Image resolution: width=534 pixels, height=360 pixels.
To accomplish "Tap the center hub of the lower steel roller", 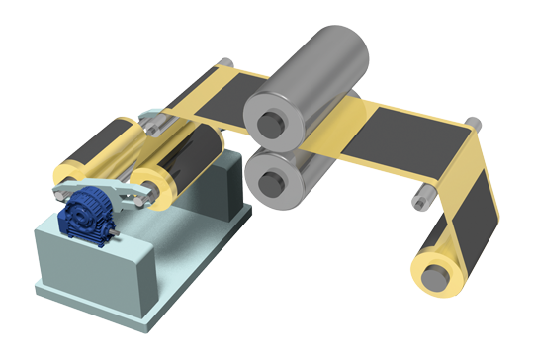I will pos(268,181).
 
